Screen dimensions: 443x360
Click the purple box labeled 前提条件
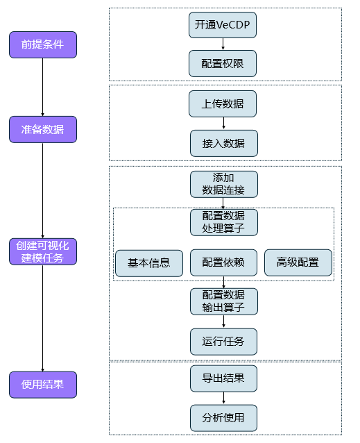pos(42,44)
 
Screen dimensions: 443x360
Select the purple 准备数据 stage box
pos(42,129)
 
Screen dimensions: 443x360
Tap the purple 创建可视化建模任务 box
pos(42,251)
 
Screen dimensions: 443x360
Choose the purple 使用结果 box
pos(42,385)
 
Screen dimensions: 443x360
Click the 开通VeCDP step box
pos(223,26)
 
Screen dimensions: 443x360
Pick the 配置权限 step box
pos(223,63)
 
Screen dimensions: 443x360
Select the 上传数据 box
pos(223,104)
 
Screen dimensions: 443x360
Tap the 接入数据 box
pos(223,143)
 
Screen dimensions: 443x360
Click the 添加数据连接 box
pos(223,184)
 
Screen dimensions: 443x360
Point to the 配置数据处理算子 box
pos(223,222)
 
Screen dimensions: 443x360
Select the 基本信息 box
pos(149,262)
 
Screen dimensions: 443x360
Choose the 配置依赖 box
pos(223,262)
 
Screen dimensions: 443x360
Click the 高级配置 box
pos(298,262)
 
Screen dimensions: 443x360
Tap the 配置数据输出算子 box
pos(223,301)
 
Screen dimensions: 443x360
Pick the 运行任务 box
pos(223,342)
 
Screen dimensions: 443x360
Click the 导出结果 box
pos(223,378)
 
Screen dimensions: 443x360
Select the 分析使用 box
pos(223,418)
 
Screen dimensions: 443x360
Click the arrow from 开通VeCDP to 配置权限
pos(223,44)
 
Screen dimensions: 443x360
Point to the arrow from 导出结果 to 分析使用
pos(223,398)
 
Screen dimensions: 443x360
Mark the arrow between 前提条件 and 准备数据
pos(42,87)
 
